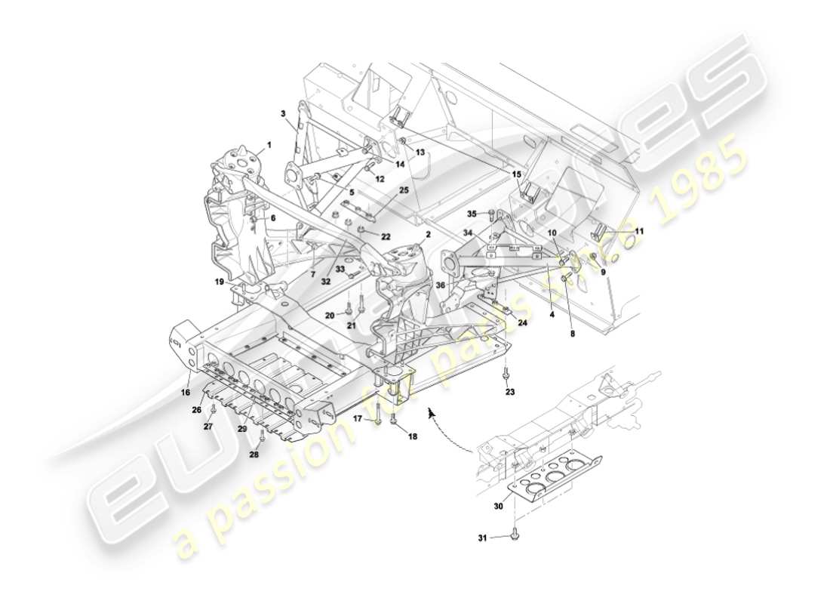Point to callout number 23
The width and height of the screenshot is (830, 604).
click(x=510, y=392)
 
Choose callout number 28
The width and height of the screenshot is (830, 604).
click(x=254, y=455)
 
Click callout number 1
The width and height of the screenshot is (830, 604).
click(x=268, y=143)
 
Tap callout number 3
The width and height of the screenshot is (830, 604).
click(x=283, y=114)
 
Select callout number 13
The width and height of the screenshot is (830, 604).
click(x=420, y=152)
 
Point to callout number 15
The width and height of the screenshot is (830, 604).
click(x=517, y=174)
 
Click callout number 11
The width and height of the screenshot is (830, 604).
click(x=639, y=231)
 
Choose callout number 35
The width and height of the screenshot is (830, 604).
click(x=472, y=214)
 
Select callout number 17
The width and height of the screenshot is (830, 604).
click(x=358, y=418)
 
